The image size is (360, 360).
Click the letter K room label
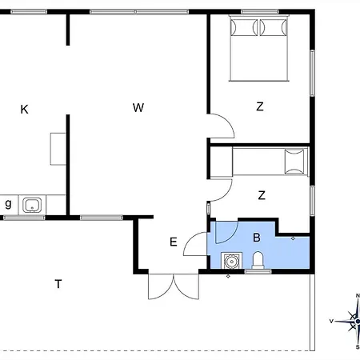[24, 110]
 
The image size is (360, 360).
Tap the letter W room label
[138, 107]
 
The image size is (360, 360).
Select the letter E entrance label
[174, 242]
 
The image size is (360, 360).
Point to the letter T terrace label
[58, 284]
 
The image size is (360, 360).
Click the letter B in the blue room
[257, 238]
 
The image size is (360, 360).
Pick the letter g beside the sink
[8, 204]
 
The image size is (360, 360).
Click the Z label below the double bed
[260, 106]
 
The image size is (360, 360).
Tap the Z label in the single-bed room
[262, 195]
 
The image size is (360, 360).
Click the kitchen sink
[32, 205]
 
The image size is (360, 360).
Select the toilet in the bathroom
[258, 260]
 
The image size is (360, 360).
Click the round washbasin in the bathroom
[231, 261]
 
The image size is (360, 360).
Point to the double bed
[259, 48]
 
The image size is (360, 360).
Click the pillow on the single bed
[294, 162]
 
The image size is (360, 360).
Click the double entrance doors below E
[174, 286]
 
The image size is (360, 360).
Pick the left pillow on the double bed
[244, 27]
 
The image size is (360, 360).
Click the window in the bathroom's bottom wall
[258, 272]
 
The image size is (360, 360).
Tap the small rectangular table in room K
[58, 149]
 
